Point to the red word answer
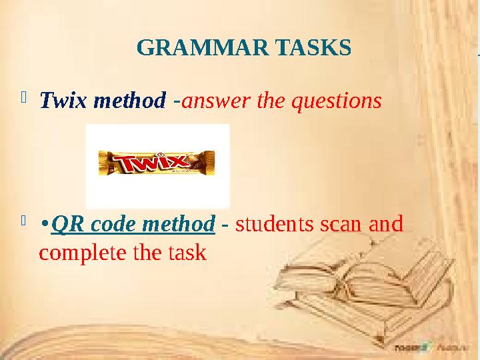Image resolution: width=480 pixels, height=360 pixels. point(210,102)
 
